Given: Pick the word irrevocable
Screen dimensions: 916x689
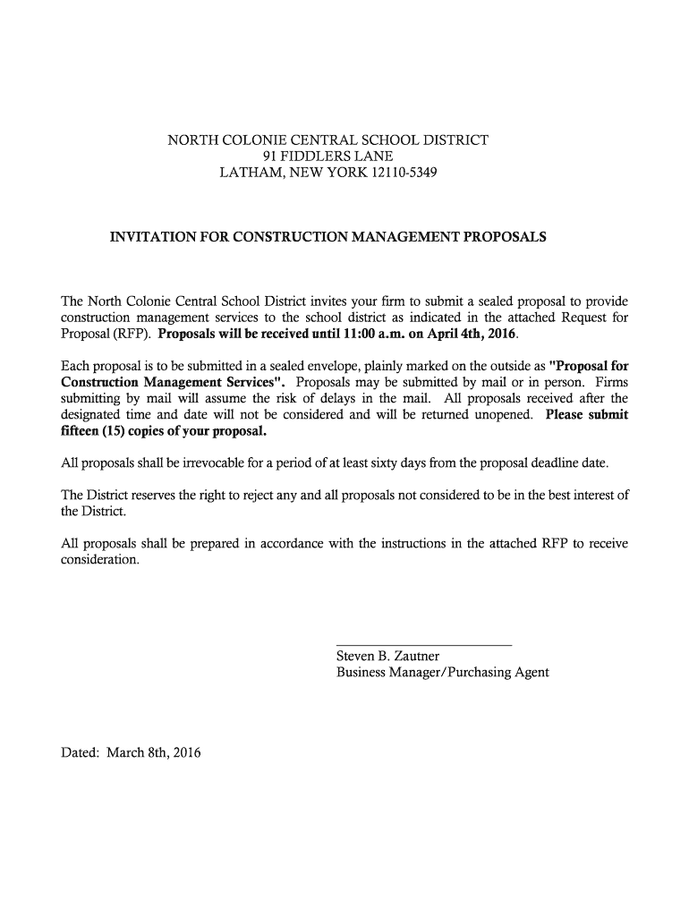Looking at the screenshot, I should (x=217, y=463).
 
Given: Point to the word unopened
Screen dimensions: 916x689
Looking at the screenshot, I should (x=501, y=415).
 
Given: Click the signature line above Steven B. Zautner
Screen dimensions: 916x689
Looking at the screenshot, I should (x=423, y=645).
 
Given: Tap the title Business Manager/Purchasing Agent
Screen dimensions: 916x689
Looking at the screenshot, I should (x=442, y=673).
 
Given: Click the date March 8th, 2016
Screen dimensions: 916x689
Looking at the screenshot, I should (x=154, y=752).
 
